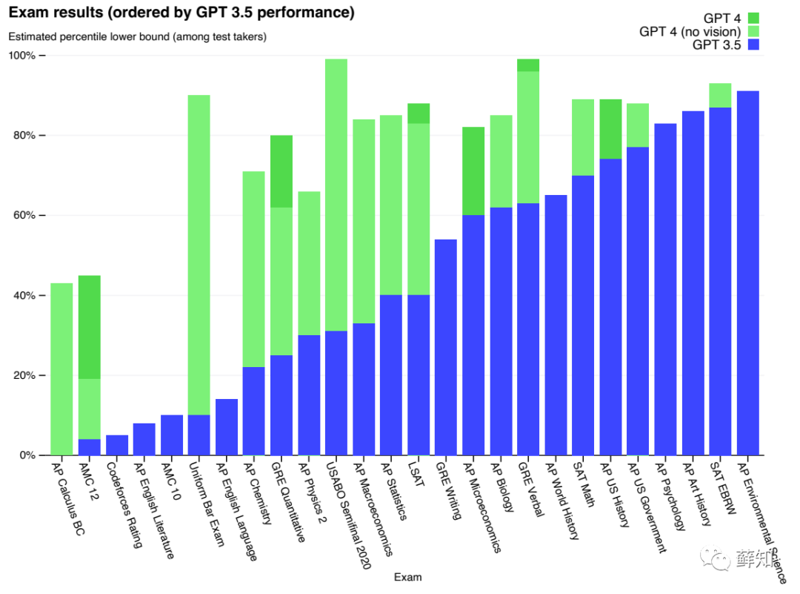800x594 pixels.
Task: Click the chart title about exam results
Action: pyautogui.click(x=181, y=13)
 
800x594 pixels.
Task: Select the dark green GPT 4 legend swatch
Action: pyautogui.click(x=754, y=18)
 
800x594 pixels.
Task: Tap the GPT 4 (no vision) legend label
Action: pyautogui.click(x=690, y=31)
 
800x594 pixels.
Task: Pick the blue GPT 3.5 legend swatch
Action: pyautogui.click(x=754, y=44)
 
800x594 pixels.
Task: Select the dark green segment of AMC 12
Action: pyautogui.click(x=89, y=327)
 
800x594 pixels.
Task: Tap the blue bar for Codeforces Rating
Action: pyautogui.click(x=117, y=445)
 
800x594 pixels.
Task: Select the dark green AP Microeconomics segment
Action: pyautogui.click(x=473, y=171)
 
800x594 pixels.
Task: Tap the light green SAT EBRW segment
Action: pyautogui.click(x=720, y=95)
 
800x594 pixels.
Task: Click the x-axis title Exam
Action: pyautogui.click(x=408, y=577)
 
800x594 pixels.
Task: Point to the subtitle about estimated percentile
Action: pyautogui.click(x=137, y=36)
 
